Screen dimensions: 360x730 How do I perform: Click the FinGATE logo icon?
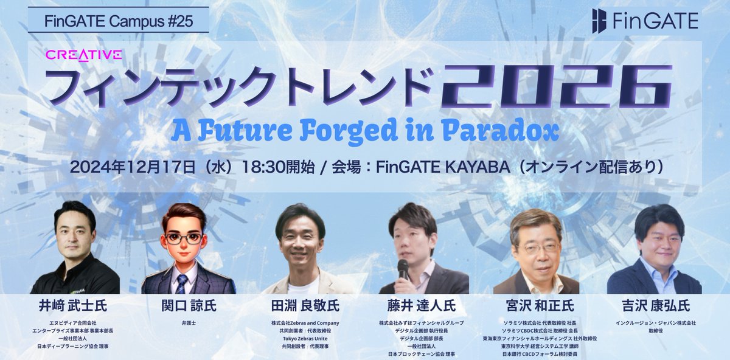(600, 22)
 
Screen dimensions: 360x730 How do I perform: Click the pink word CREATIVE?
(84, 55)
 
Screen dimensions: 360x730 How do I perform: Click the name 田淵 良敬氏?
(301, 305)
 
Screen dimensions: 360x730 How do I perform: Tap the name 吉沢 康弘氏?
(654, 305)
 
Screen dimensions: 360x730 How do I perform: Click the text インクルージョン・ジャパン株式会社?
(654, 323)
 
